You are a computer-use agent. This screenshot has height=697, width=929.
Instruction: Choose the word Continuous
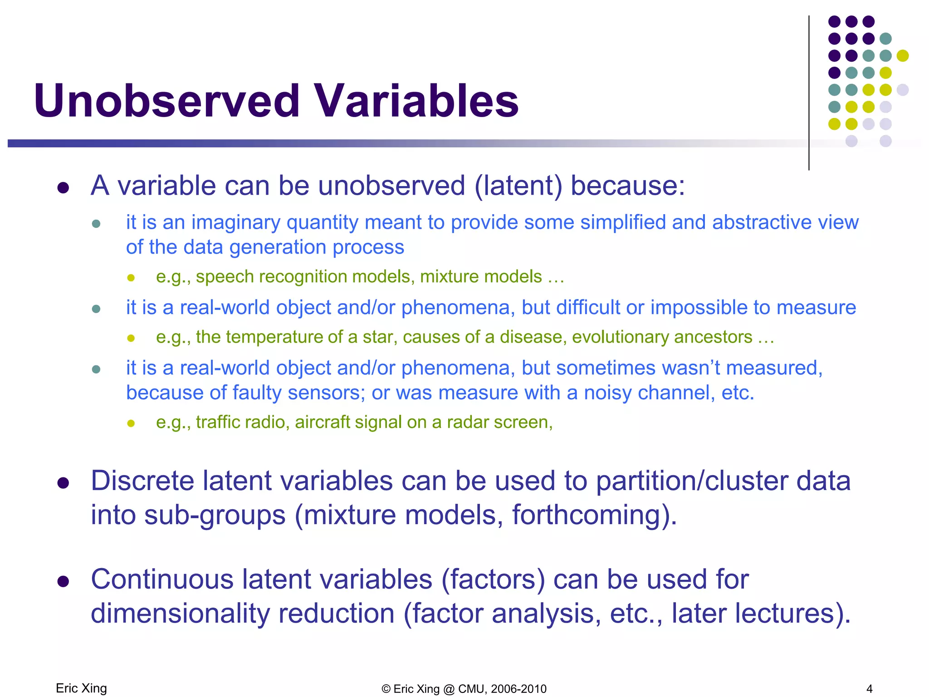point(162,580)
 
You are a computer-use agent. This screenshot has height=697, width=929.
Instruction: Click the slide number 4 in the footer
point(869,689)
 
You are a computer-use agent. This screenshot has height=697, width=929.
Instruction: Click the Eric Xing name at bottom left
point(81,688)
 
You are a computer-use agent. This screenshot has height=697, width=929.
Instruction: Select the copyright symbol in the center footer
point(386,689)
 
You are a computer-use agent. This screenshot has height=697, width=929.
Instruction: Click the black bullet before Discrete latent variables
point(63,483)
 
